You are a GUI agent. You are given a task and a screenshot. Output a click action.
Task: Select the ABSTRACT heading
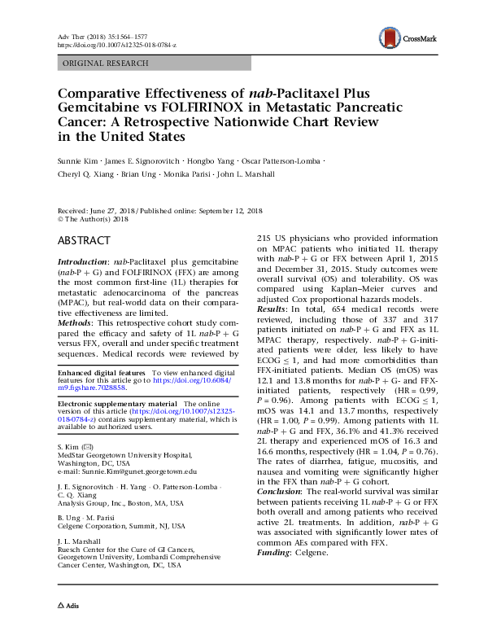84,242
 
